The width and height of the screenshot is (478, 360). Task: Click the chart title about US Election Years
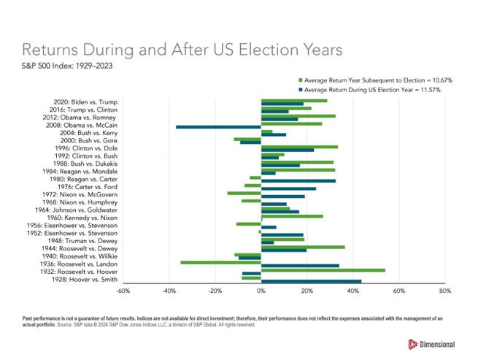[x=181, y=50]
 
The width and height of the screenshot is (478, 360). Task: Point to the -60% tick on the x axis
[x=123, y=291]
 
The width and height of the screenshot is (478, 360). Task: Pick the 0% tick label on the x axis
[x=261, y=291]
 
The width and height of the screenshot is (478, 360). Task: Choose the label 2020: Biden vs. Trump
[x=85, y=102]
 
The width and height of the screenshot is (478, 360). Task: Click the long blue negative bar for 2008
[x=218, y=127]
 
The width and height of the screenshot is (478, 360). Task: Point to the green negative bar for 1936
[x=220, y=262]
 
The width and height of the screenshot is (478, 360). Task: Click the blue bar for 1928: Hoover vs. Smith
[x=311, y=281]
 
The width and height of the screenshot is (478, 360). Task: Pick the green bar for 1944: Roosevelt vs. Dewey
[x=303, y=247]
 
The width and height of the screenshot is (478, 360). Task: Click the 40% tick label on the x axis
[x=353, y=291]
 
